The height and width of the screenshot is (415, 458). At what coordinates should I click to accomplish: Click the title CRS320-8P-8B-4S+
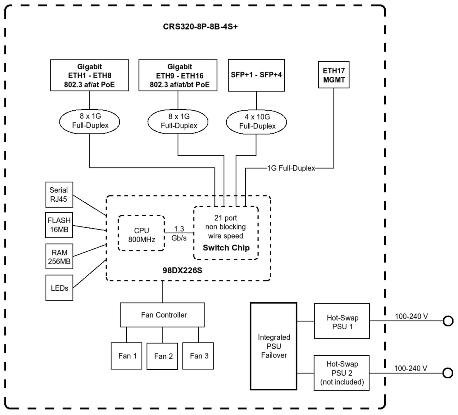pos(200,27)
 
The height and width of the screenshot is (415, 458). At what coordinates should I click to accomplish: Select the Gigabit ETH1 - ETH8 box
pos(89,75)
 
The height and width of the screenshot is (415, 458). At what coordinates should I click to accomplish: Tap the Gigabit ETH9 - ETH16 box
pos(178,76)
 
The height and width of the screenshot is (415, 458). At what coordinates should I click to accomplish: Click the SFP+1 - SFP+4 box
pos(256,75)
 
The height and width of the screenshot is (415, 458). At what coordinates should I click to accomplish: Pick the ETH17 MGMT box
pos(334,75)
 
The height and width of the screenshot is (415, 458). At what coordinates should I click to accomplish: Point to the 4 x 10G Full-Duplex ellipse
pos(256,122)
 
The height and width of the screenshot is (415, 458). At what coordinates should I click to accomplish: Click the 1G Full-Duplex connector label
pos(291,168)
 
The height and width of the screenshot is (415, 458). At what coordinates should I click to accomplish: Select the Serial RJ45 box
pos(59,195)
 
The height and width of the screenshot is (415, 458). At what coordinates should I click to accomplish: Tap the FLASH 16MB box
pos(59,225)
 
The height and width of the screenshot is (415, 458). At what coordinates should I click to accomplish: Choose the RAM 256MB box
pos(59,257)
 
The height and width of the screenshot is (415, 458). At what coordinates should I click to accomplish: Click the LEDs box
pos(59,288)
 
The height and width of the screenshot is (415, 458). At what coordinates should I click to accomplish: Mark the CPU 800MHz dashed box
pos(141,233)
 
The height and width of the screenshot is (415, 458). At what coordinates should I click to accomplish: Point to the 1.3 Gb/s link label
pos(179,233)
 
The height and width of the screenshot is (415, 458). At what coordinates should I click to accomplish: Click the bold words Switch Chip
pos(226,248)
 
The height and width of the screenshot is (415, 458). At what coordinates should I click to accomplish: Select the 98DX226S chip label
pos(182,270)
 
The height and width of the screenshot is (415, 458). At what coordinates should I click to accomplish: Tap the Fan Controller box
pos(162,315)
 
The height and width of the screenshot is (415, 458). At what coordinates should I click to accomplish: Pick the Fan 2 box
pos(162,356)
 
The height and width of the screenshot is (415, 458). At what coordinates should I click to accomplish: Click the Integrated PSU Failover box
pos(273,346)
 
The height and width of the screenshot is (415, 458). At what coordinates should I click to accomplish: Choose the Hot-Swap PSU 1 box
pos(342,321)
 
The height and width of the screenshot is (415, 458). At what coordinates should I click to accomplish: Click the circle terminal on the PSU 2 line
pos(448,373)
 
